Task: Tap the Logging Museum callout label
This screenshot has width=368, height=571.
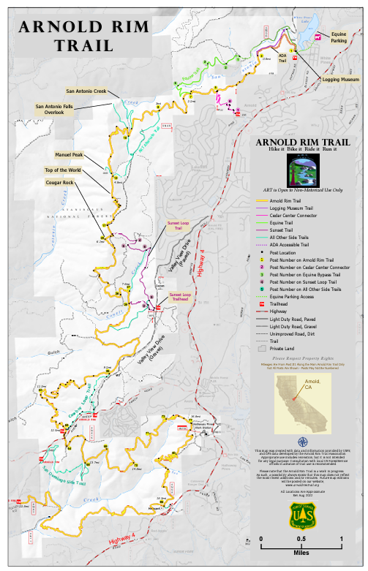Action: (x=339, y=79)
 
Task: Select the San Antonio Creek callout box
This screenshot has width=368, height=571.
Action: (x=86, y=91)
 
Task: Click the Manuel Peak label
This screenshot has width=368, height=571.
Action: (x=69, y=155)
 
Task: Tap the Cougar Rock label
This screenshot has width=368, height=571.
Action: (x=59, y=182)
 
